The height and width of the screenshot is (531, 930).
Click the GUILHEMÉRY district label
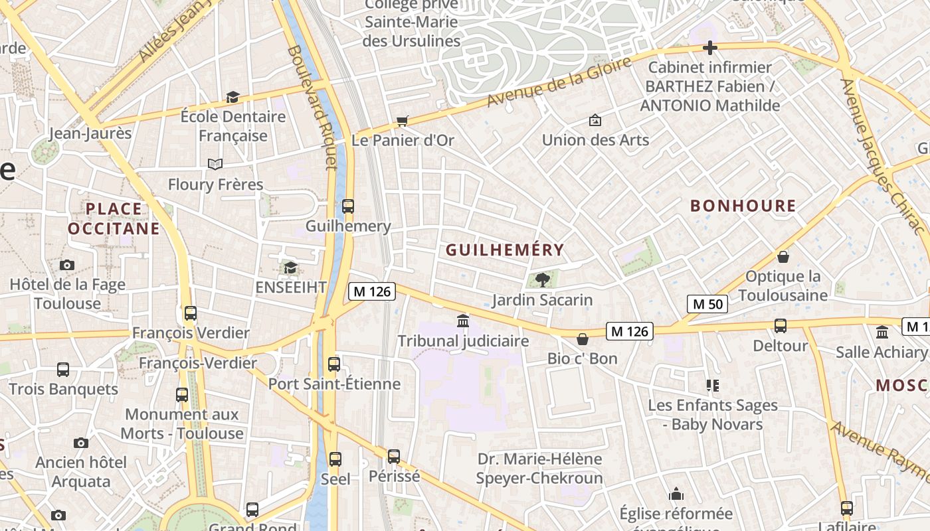coord(505,250)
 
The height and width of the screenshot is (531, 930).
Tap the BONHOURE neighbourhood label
coord(743,206)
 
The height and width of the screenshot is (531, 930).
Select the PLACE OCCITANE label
coord(114,219)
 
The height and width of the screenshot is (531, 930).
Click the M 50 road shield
coord(707,304)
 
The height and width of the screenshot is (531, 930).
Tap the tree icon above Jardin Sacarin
coord(542,279)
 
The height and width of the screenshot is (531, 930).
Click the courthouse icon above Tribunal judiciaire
coord(463,321)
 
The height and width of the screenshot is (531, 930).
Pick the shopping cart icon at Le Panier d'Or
coord(402,121)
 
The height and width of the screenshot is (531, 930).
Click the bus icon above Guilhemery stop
coord(348,206)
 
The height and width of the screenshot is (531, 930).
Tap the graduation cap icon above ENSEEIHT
coord(290,267)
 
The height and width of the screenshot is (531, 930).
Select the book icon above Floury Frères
coord(215,164)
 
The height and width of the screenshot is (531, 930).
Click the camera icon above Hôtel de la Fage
coord(67,265)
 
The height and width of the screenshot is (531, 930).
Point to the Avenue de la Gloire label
coord(559,82)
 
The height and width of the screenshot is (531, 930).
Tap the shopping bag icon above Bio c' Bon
coord(583,339)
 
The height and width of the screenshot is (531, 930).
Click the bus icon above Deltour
coord(781,326)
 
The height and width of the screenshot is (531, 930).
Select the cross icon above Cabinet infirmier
coord(710,48)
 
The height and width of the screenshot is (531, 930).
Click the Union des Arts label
coord(595,139)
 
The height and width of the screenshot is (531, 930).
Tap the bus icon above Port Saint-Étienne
coord(334,364)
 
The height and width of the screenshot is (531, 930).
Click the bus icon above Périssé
coord(394,457)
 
